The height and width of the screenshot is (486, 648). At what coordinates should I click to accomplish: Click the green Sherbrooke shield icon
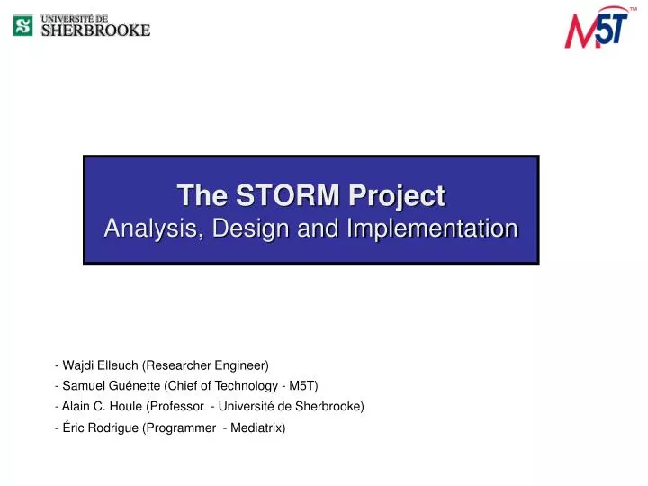click(x=22, y=25)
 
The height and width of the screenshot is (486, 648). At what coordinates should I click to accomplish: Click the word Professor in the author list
click(x=175, y=407)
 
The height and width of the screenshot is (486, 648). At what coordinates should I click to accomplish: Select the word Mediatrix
click(x=256, y=428)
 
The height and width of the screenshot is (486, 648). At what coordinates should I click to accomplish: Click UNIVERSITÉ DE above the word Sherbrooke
click(x=76, y=17)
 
